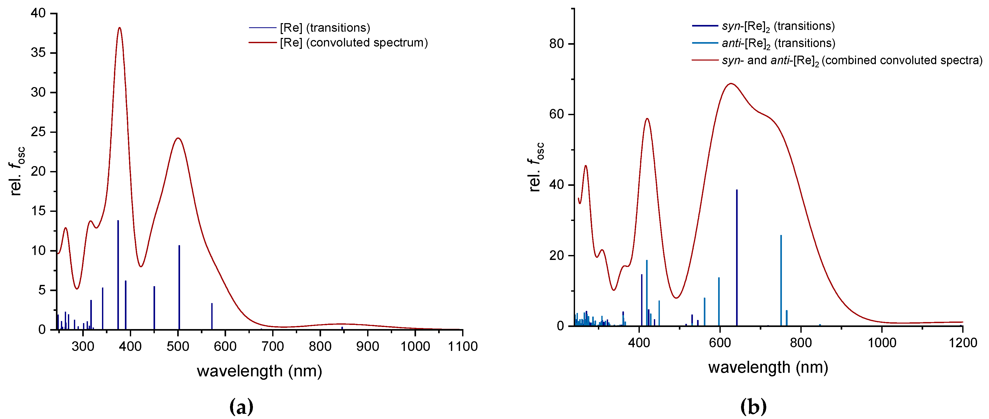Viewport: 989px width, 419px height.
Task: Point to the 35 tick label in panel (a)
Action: tap(38, 53)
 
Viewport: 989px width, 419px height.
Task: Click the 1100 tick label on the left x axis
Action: tap(462, 346)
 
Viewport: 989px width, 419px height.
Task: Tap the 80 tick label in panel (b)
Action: tap(556, 44)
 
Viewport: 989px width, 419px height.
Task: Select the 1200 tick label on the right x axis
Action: tap(962, 343)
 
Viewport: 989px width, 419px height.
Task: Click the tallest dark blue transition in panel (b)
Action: tap(737, 257)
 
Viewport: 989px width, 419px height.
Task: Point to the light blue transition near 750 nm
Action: tap(781, 280)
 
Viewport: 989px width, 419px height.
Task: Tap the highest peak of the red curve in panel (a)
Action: tap(119, 28)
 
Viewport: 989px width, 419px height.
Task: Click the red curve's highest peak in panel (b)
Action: tap(731, 83)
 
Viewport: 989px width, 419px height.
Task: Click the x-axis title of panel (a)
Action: tap(259, 371)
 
